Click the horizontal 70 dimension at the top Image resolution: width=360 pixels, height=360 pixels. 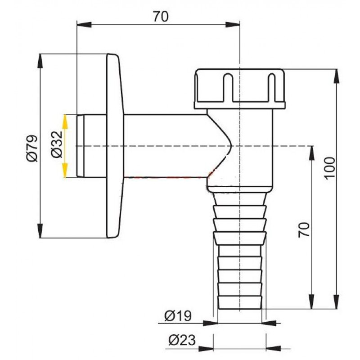(x=161, y=17)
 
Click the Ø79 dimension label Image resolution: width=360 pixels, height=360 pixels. (x=32, y=148)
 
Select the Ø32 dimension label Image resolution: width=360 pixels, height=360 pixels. (x=57, y=144)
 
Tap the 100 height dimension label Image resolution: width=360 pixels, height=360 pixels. (x=330, y=169)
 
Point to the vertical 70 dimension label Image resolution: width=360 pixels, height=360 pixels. (x=304, y=230)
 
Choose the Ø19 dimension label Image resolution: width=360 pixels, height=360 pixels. (x=178, y=316)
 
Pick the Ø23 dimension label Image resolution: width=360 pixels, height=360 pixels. (x=182, y=340)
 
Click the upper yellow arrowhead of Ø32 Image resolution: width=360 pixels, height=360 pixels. (x=65, y=121)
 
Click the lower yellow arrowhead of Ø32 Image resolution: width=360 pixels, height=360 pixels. (x=65, y=170)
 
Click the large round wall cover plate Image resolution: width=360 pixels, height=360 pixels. (x=115, y=146)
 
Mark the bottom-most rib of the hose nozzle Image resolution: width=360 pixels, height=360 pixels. (x=239, y=302)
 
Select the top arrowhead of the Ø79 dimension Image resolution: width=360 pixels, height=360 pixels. (x=40, y=61)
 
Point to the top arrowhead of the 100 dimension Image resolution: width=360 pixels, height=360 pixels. (x=337, y=76)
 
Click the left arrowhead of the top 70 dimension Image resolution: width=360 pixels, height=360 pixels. (x=84, y=25)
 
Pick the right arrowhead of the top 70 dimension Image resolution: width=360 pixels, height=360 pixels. (x=233, y=25)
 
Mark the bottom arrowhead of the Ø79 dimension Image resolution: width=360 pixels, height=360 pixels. (x=40, y=231)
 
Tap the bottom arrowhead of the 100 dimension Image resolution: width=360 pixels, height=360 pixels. (x=337, y=301)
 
